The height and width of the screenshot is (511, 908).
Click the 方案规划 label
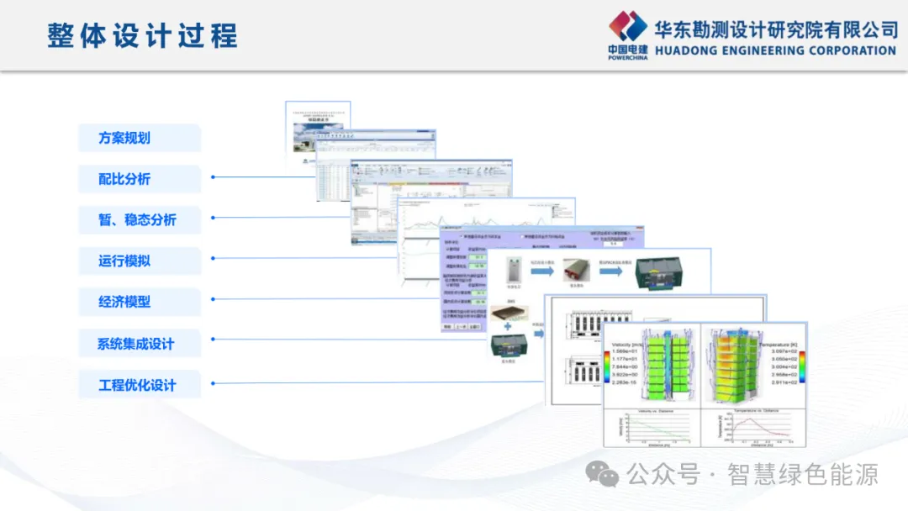pyautogui.click(x=124, y=138)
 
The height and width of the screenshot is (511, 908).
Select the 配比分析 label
pyautogui.click(x=124, y=179)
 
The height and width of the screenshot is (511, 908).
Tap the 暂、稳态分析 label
pyautogui.click(x=137, y=220)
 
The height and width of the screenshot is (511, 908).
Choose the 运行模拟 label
pyautogui.click(x=124, y=261)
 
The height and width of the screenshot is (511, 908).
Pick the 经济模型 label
pyautogui.click(x=124, y=302)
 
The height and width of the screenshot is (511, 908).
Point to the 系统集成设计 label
pyautogui.click(x=136, y=344)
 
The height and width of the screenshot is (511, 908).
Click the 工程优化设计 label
pyautogui.click(x=137, y=385)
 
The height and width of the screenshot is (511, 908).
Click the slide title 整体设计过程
pyautogui.click(x=143, y=36)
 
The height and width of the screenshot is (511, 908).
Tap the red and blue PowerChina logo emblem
pyautogui.click(x=628, y=27)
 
